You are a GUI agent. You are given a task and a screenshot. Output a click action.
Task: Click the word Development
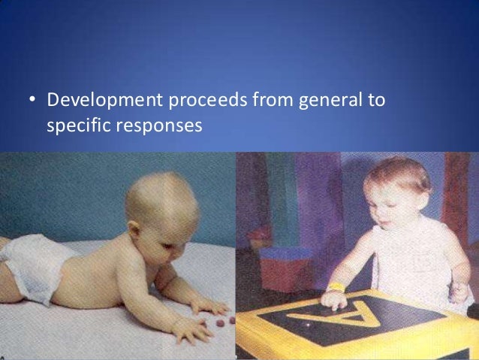93,100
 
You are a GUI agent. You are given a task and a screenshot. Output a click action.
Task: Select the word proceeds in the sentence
190,100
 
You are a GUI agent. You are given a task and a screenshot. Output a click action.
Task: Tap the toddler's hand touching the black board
332,300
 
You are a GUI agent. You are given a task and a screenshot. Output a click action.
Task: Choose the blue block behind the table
285,263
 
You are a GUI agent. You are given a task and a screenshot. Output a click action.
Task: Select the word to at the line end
374,100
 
